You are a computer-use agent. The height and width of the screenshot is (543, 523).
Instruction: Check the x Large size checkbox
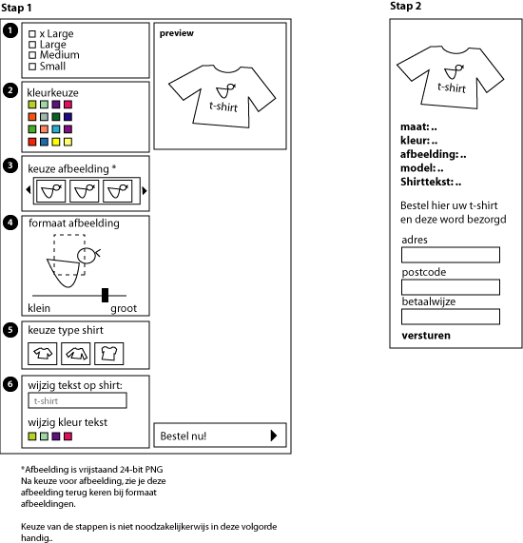click(33, 34)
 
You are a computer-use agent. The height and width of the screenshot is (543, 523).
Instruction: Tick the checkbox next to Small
click(33, 67)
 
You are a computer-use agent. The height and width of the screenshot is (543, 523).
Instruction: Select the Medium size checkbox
click(33, 55)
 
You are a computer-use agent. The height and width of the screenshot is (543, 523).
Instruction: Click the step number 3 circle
click(10, 165)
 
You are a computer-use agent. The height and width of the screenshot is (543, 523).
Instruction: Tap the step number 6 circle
click(10, 383)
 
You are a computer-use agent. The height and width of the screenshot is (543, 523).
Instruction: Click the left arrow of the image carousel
click(29, 191)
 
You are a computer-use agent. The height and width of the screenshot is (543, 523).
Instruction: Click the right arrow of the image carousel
click(145, 191)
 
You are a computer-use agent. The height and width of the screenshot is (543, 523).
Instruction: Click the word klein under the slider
click(39, 309)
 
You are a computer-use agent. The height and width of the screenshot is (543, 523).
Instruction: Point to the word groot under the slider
click(124, 309)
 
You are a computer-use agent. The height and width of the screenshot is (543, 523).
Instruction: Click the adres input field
click(451, 255)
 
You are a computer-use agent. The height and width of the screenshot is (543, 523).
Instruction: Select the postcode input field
click(451, 287)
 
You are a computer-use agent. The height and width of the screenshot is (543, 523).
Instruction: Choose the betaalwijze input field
click(451, 317)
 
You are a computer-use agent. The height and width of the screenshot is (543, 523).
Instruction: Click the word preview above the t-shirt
click(177, 33)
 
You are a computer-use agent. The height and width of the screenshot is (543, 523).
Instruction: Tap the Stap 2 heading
click(407, 7)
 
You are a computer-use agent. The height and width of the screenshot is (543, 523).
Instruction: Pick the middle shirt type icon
click(76, 355)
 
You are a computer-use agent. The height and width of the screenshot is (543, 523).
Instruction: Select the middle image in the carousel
click(87, 191)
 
